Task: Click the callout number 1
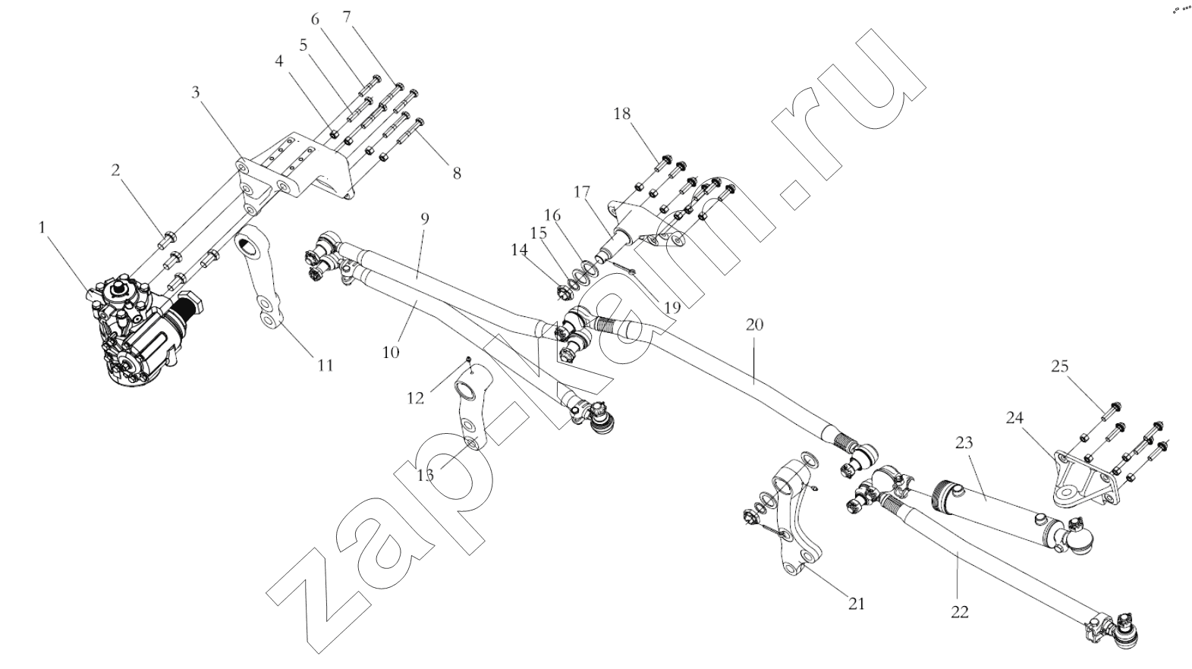click(42, 227)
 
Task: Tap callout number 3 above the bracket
click(196, 93)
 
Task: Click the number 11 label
click(325, 366)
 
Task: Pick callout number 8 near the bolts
click(457, 173)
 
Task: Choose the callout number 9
click(425, 218)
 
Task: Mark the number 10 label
click(392, 352)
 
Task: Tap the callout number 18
click(622, 115)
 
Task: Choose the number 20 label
click(754, 325)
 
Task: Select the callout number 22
click(960, 611)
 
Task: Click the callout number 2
click(115, 170)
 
